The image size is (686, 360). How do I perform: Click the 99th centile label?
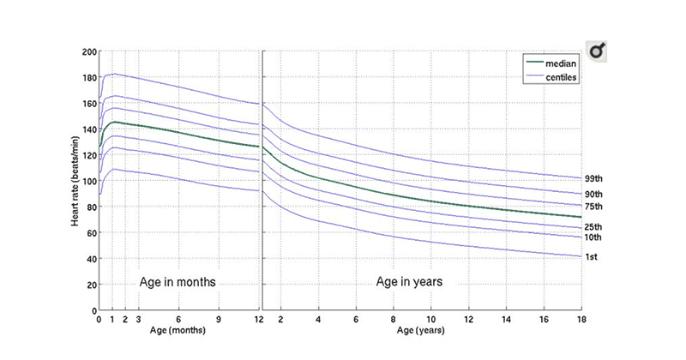[594, 179]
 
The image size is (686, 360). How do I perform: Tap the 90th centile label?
[594, 195]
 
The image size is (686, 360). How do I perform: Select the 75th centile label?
[594, 207]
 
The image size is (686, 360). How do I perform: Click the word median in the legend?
[562, 63]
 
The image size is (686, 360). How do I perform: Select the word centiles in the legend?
[563, 78]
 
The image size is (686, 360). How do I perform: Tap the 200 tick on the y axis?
[88, 52]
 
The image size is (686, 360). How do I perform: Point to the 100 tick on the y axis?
[88, 181]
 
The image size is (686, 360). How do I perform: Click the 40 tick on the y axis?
[91, 259]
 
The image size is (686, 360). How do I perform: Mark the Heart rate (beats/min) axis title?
[77, 181]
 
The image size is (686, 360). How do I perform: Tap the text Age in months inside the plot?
[178, 281]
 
